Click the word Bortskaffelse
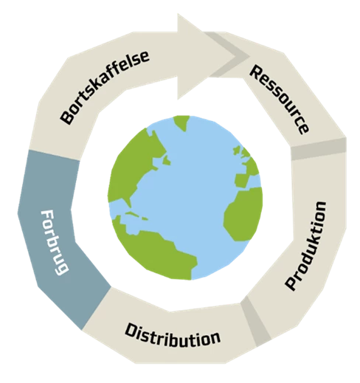(105, 87)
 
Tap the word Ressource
(280, 100)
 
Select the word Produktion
(305, 246)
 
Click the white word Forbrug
(55, 243)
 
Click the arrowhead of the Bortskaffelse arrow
(207, 57)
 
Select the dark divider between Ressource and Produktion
(319, 149)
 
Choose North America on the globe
(135, 168)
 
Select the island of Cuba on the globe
(136, 215)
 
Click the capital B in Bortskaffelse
(67, 117)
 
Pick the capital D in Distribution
(131, 331)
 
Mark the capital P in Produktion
(291, 283)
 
